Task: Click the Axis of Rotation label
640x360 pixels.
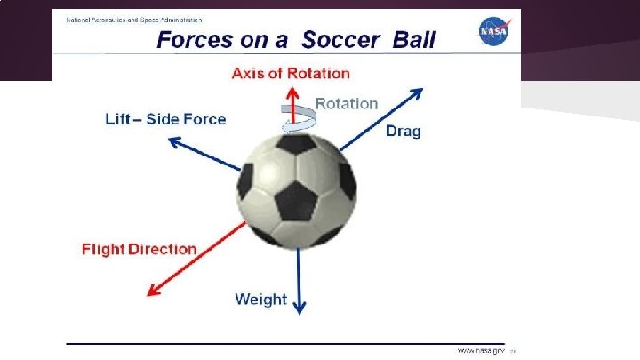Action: (291, 73)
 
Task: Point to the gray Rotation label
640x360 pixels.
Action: (347, 103)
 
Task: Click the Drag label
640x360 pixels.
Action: (403, 132)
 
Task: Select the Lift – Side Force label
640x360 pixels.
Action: (165, 119)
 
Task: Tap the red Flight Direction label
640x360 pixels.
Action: (139, 249)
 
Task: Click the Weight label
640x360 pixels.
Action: (260, 299)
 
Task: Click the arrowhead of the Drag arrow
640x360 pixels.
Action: (418, 92)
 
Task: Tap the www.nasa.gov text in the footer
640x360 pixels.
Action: (480, 350)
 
